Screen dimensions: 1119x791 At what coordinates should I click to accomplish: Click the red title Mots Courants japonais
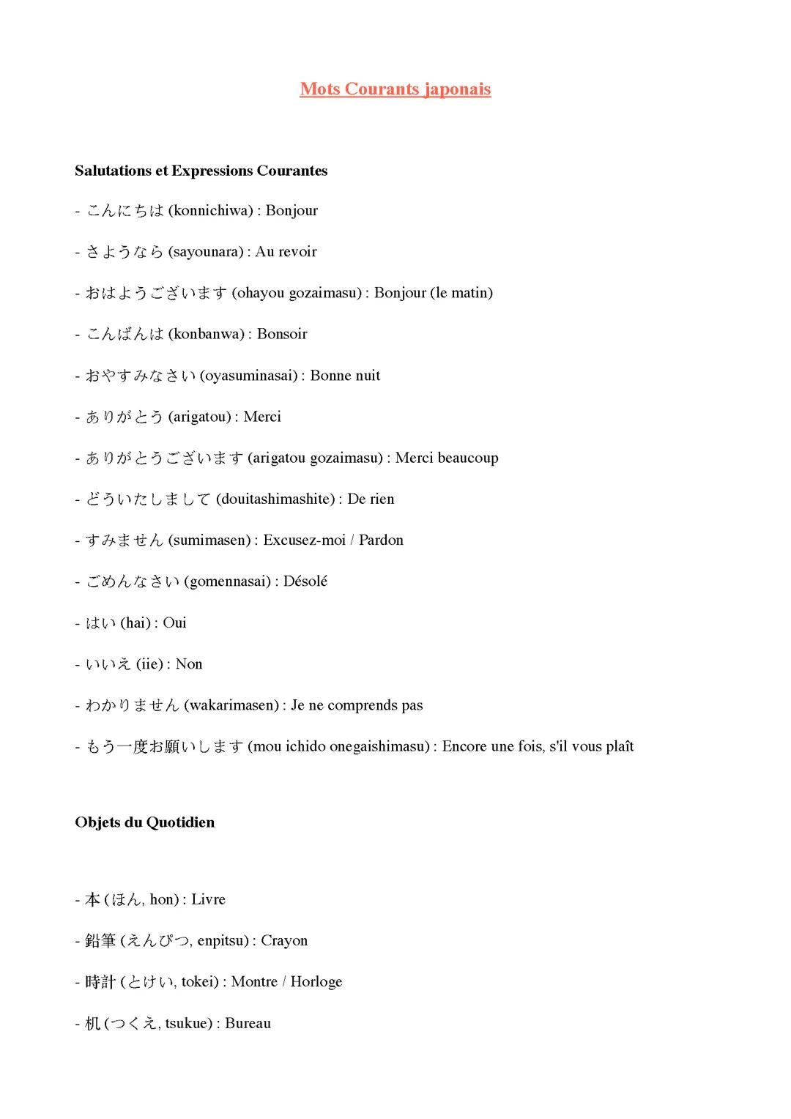click(395, 89)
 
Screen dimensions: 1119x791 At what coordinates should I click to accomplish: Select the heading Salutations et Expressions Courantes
click(201, 171)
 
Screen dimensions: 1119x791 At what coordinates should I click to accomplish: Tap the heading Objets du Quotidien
click(144, 822)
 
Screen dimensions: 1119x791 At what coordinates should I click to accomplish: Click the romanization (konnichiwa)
click(210, 211)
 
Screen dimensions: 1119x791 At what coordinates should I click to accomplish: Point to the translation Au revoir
click(286, 252)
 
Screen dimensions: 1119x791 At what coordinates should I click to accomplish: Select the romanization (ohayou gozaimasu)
click(297, 293)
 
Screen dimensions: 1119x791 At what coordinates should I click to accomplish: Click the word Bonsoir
click(282, 334)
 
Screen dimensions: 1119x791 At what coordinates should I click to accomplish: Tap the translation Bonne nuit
click(345, 376)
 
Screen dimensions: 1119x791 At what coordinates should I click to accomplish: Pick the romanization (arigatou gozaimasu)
click(315, 458)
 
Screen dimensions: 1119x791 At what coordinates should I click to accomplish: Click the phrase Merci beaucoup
click(447, 458)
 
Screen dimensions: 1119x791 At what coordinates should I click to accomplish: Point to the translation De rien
click(371, 499)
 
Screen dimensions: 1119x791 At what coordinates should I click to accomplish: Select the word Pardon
click(381, 540)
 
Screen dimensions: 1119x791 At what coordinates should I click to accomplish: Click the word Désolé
click(305, 581)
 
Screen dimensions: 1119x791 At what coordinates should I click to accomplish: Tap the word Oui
click(174, 622)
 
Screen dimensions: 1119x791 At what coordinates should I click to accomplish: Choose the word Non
click(189, 664)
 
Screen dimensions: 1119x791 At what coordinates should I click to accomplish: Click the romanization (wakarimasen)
click(231, 705)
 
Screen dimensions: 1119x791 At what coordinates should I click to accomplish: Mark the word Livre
click(208, 899)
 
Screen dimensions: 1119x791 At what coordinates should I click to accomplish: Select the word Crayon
click(284, 940)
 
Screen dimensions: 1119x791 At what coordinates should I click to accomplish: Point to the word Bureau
click(248, 1023)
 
